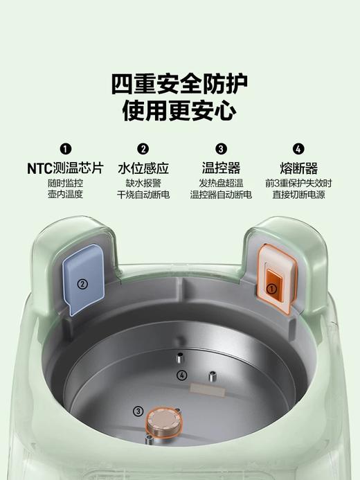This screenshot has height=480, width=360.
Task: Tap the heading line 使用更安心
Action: click(x=179, y=112)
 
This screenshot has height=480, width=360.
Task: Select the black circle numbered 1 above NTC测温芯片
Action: click(x=65, y=149)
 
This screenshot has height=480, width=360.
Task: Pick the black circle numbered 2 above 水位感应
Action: click(x=143, y=149)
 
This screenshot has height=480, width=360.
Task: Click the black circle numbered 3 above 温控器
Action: click(x=221, y=149)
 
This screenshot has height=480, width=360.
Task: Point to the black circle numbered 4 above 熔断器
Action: click(x=298, y=149)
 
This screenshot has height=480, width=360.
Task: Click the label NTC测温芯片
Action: click(x=65, y=168)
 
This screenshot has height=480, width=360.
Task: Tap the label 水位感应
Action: click(x=143, y=168)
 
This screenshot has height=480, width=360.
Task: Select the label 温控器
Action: click(x=221, y=168)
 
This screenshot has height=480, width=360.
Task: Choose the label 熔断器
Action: click(x=298, y=168)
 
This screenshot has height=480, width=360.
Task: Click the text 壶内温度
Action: click(x=65, y=195)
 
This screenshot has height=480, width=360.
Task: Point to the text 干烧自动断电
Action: click(x=143, y=195)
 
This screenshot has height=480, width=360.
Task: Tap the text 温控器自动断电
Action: click(x=221, y=195)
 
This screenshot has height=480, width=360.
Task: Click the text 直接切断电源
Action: click(x=298, y=195)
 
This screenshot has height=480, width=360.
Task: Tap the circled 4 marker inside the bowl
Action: click(x=182, y=375)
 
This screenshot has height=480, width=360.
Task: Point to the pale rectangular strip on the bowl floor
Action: click(x=213, y=393)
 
